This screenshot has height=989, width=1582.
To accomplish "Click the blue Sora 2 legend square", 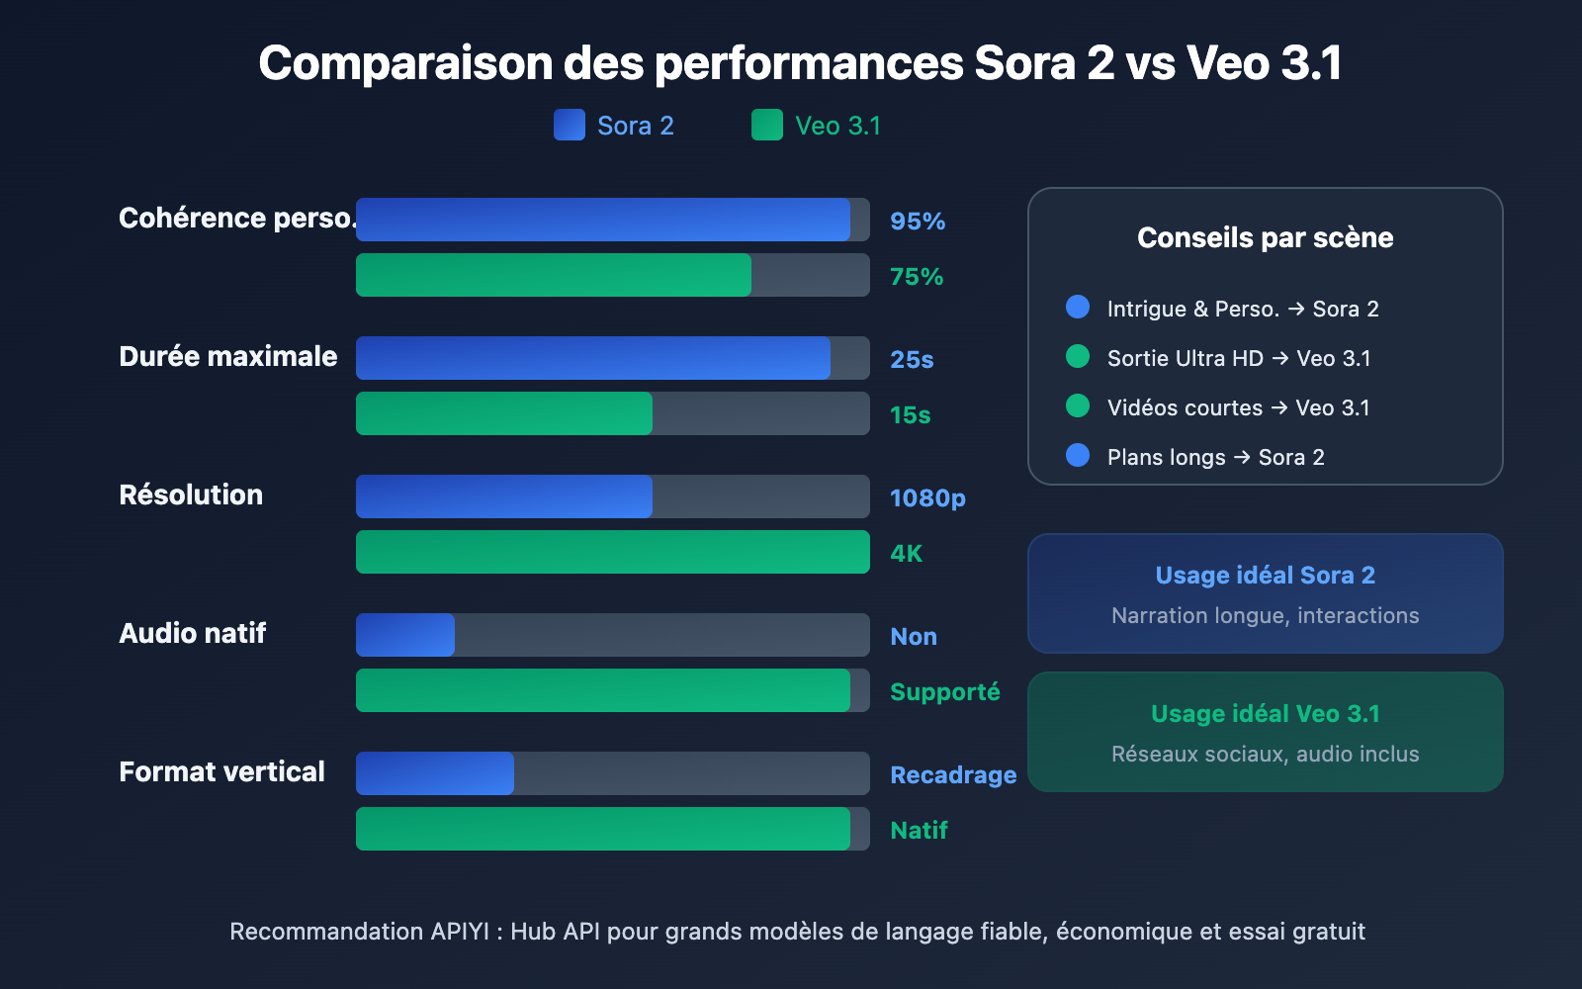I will click(x=570, y=125).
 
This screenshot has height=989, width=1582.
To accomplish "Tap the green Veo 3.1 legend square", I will click(x=767, y=125).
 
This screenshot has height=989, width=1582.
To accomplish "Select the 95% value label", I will click(x=917, y=222).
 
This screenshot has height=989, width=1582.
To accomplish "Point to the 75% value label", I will click(x=916, y=277).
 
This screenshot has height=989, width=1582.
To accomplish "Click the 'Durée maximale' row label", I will click(x=227, y=356).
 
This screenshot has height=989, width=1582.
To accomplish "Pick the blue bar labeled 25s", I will click(x=593, y=358).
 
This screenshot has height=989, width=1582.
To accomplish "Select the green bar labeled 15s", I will click(x=504, y=413).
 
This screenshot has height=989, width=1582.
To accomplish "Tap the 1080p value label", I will click(x=926, y=498).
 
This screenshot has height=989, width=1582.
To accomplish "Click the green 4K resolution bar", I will click(x=613, y=552).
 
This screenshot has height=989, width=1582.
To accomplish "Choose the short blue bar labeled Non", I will click(x=405, y=635).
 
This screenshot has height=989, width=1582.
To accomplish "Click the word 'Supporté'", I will click(x=944, y=692).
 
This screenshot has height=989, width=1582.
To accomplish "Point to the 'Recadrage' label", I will click(x=952, y=775).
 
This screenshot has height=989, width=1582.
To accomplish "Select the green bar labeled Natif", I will click(x=603, y=829).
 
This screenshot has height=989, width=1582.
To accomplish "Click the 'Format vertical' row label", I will click(x=221, y=771).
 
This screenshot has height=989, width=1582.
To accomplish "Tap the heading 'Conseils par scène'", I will click(x=1265, y=237).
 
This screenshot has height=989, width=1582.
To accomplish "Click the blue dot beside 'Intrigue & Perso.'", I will click(x=1078, y=307).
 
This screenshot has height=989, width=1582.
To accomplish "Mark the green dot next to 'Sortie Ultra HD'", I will click(x=1078, y=356).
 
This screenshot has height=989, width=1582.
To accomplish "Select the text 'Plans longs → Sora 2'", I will click(x=1215, y=457).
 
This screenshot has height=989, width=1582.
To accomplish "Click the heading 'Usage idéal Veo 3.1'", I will click(x=1265, y=713).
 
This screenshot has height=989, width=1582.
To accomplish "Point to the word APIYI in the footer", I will click(x=460, y=932).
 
